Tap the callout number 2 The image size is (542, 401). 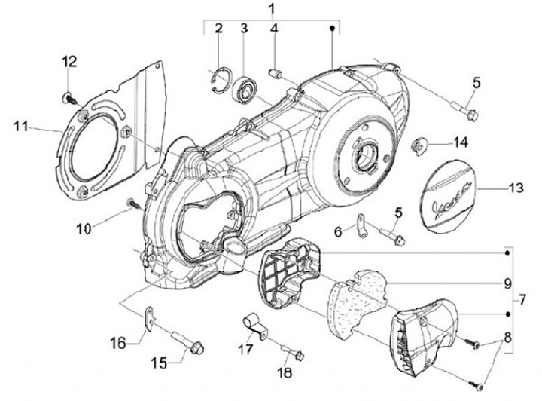click(x=218, y=29)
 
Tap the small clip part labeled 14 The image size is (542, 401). click(x=420, y=143)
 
